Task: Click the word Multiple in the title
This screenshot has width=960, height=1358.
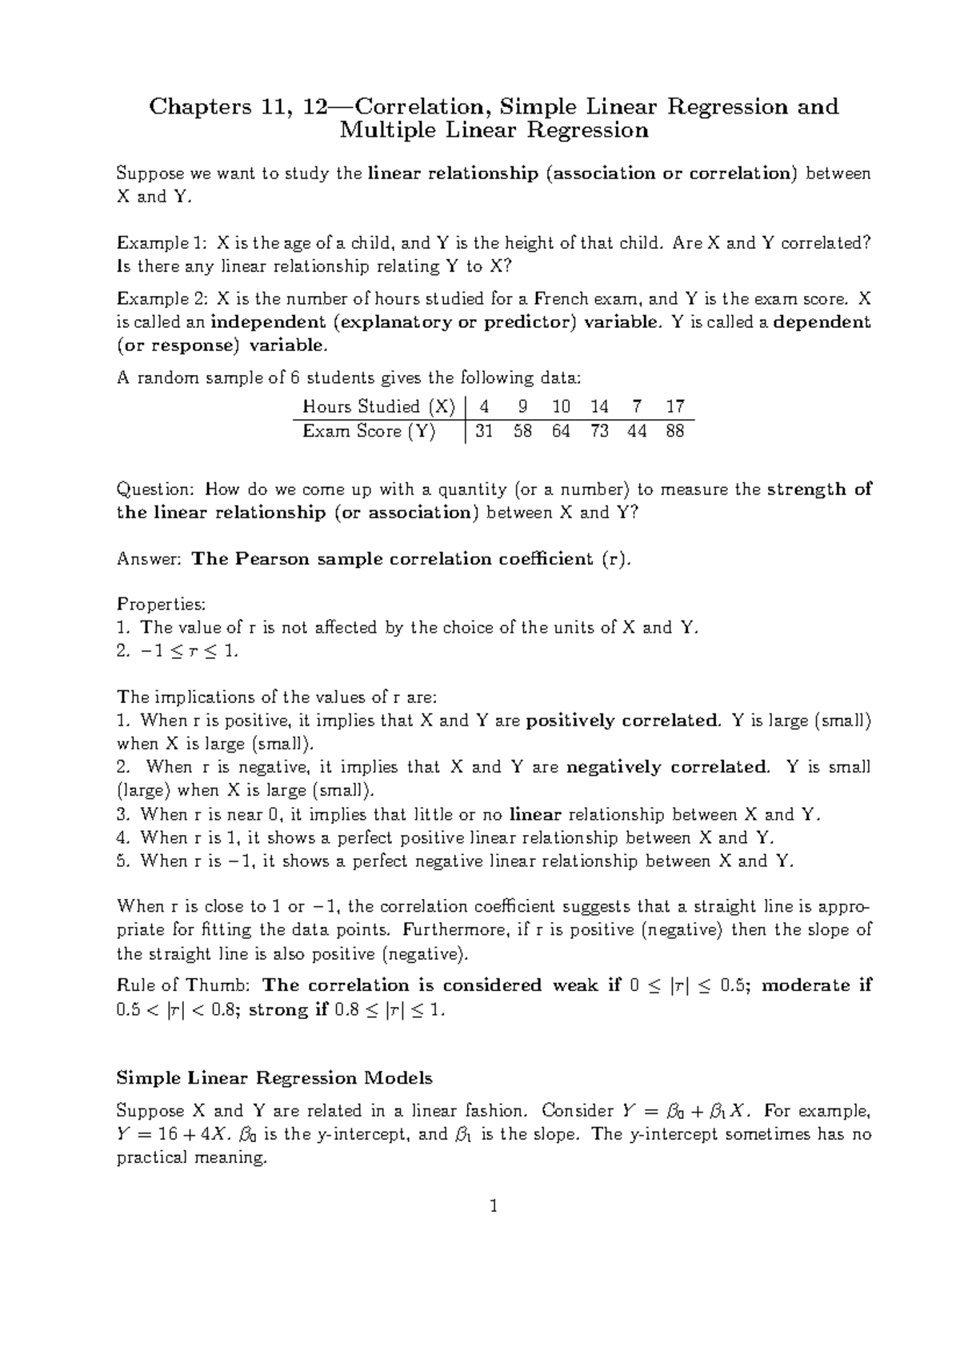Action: pyautogui.click(x=386, y=130)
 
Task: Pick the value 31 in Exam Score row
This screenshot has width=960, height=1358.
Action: pyautogui.click(x=484, y=432)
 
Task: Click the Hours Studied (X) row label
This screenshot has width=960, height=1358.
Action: pyautogui.click(x=378, y=406)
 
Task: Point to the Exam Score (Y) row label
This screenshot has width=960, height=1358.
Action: pyautogui.click(x=369, y=432)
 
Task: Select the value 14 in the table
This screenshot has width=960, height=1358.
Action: pyautogui.click(x=599, y=406)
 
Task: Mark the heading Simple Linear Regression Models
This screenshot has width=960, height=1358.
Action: pyautogui.click(x=274, y=1078)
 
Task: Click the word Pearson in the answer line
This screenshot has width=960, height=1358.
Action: pyautogui.click(x=274, y=559)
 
